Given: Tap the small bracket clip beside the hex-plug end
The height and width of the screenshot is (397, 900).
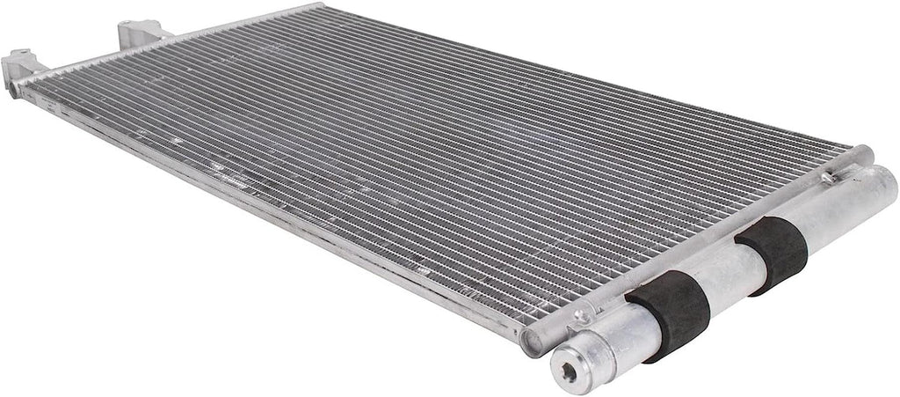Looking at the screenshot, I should tap(581, 316).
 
